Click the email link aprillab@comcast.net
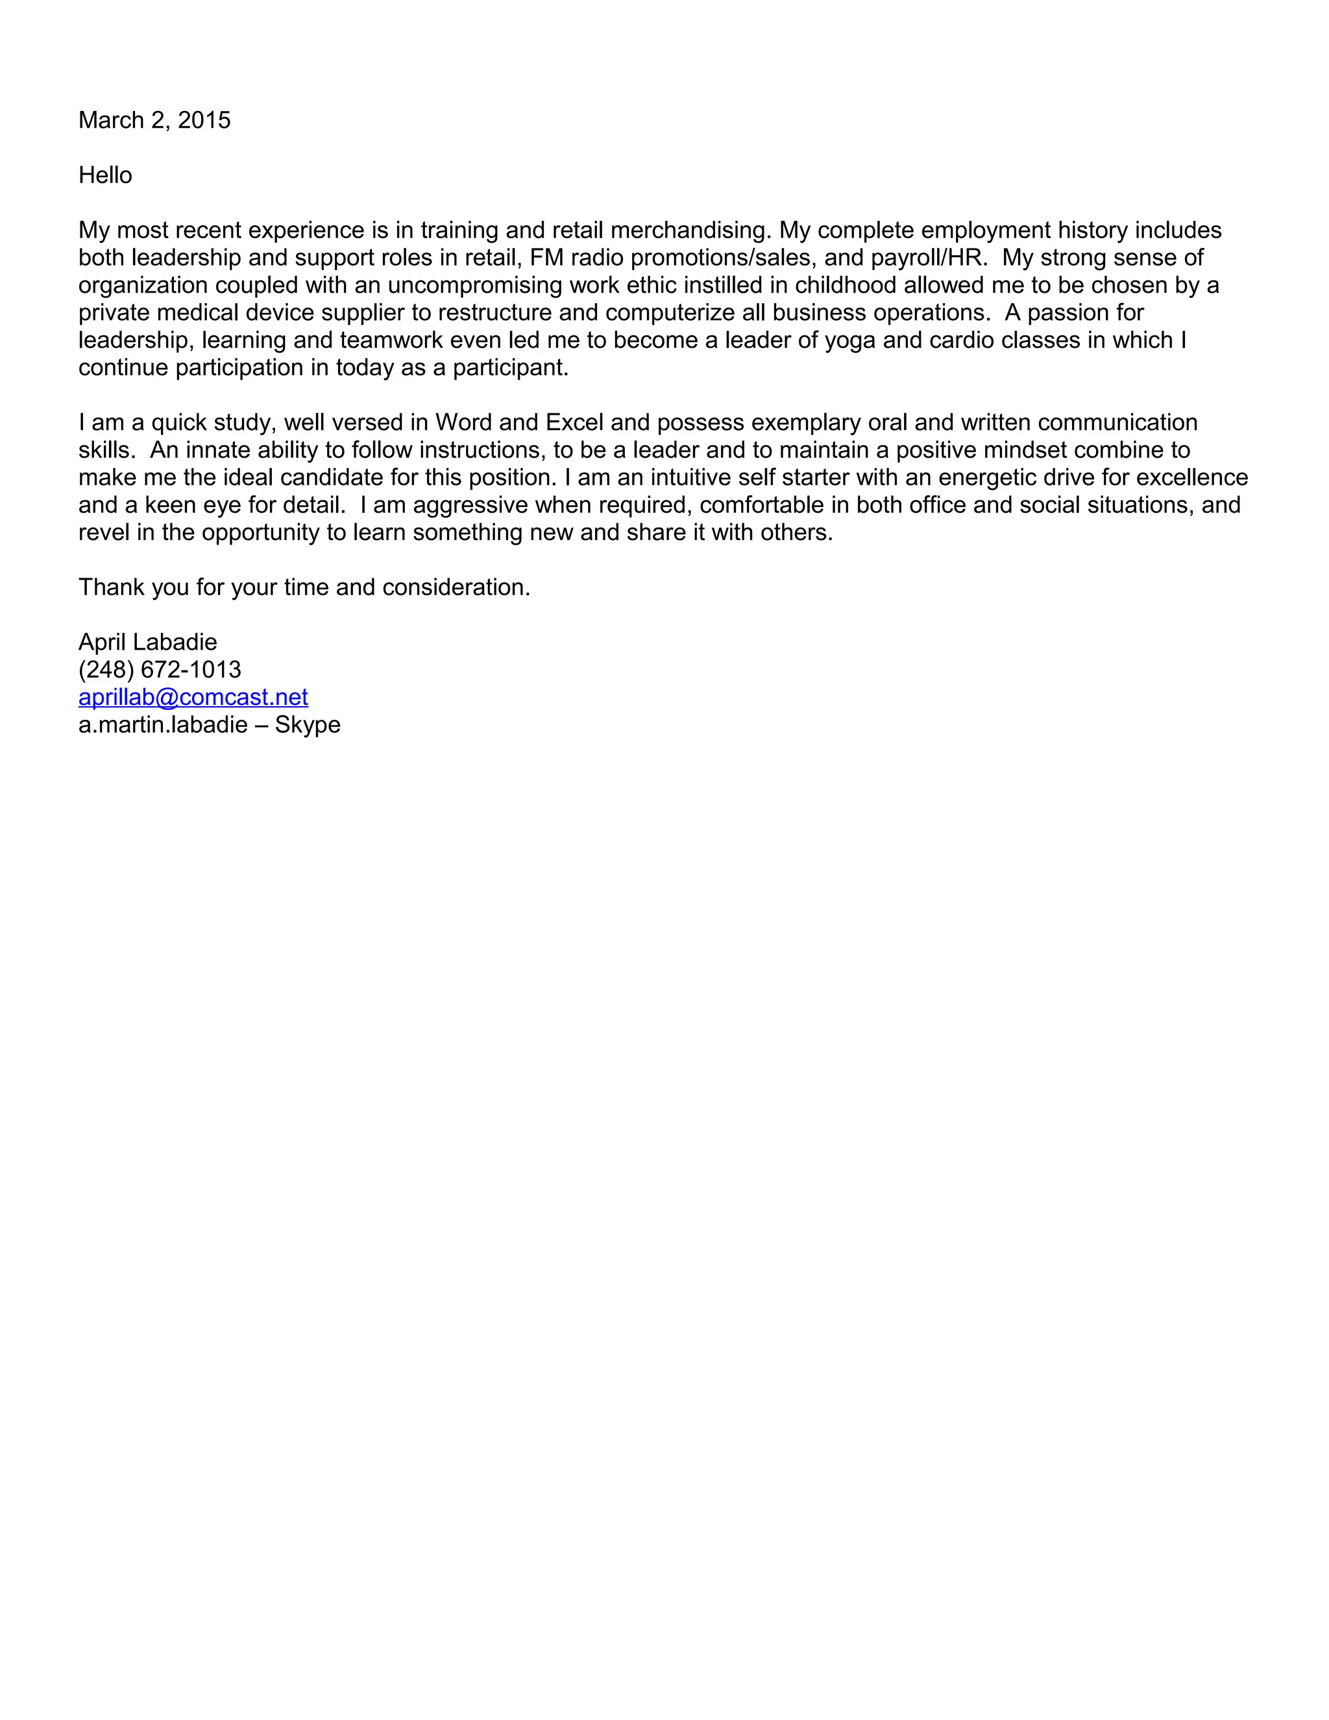(x=193, y=697)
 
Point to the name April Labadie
(x=147, y=642)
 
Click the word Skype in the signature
(x=307, y=724)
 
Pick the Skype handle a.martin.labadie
(x=163, y=724)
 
